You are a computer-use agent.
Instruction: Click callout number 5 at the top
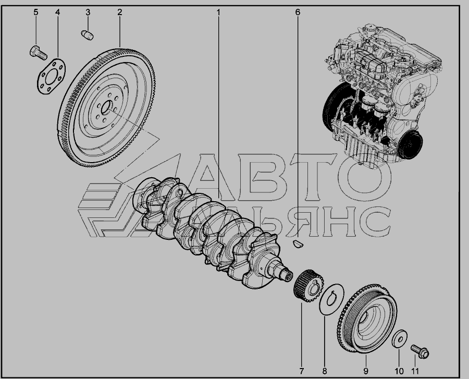36,13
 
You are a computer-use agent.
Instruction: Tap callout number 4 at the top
57,13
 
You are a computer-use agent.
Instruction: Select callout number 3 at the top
88,13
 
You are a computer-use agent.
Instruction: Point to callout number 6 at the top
298,13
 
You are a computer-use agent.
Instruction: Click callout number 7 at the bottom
301,371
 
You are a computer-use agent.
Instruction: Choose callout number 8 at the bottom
325,371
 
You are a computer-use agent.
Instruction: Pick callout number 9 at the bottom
366,371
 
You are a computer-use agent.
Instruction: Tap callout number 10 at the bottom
399,371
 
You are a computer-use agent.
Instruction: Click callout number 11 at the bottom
415,371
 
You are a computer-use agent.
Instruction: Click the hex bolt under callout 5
38,53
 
